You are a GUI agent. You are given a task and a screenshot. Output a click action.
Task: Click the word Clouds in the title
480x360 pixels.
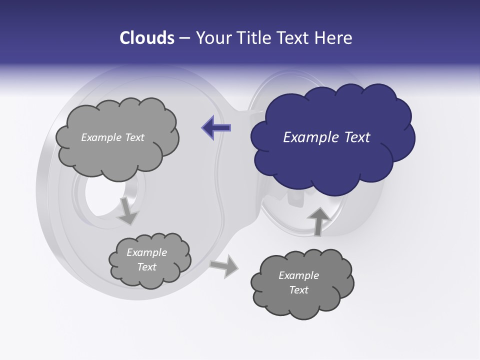[147, 38]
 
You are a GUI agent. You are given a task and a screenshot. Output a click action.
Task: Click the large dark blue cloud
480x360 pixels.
[332, 150]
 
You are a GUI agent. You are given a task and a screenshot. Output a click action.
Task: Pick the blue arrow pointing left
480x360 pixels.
[216, 127]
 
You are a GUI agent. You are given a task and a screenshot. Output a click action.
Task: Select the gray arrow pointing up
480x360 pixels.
[318, 220]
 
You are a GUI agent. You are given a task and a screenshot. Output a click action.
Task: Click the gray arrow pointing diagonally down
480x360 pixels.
[128, 210]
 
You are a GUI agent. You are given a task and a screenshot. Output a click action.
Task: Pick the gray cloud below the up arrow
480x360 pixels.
[302, 295]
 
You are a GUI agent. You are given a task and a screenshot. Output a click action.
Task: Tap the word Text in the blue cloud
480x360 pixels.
[356, 137]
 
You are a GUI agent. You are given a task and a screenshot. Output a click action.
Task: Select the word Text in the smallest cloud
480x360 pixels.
[147, 267]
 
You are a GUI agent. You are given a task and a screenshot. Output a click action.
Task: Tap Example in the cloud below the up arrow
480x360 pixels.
[298, 275]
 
